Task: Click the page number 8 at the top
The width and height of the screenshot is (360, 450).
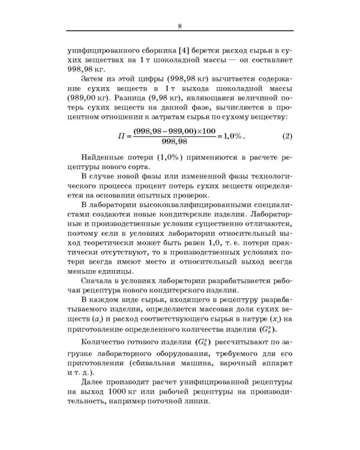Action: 180,25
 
